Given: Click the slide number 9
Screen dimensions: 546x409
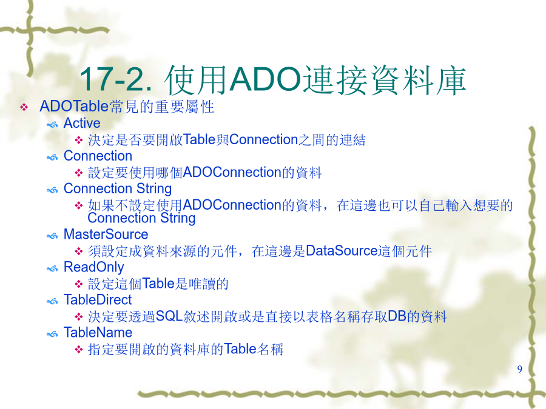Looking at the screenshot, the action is click(x=519, y=369).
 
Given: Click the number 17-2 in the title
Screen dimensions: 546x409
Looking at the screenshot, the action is click(x=115, y=79).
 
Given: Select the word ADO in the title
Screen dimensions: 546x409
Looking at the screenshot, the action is click(x=265, y=79).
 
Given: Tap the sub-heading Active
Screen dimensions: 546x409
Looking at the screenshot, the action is click(x=82, y=123).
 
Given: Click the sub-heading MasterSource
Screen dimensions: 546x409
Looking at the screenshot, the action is click(x=106, y=234).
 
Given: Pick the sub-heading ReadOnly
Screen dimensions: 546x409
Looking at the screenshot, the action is click(x=93, y=267).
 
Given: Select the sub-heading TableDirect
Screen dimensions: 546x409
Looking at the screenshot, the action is click(x=98, y=300).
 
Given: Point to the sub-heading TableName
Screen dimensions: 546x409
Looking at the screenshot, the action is click(x=98, y=333).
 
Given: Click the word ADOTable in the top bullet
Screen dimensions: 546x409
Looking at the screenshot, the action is click(x=74, y=107).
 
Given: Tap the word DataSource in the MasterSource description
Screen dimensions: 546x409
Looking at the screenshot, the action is click(x=342, y=251).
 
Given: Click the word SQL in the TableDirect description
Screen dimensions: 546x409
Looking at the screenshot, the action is click(x=169, y=316).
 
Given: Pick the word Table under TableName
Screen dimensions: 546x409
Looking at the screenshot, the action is click(x=240, y=349).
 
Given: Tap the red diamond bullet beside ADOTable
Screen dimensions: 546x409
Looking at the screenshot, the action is click(x=24, y=107).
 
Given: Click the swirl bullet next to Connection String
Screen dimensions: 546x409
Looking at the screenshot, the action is click(x=52, y=190).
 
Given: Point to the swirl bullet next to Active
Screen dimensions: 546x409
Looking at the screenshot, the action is click(x=52, y=124).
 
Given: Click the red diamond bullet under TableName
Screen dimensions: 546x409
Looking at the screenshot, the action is click(x=79, y=350).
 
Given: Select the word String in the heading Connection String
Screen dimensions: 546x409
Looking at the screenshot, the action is click(x=154, y=189).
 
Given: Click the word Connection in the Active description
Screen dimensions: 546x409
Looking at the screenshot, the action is click(x=264, y=140).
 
